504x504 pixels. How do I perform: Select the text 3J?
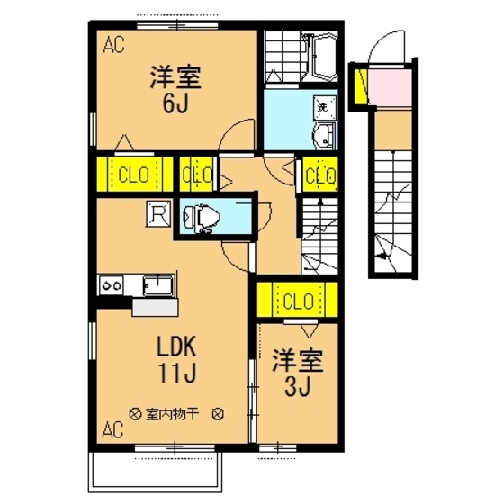pyautogui.click(x=297, y=389)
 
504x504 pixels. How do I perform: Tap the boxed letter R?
pyautogui.click(x=158, y=214)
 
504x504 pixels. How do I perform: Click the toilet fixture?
pyautogui.click(x=199, y=218)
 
